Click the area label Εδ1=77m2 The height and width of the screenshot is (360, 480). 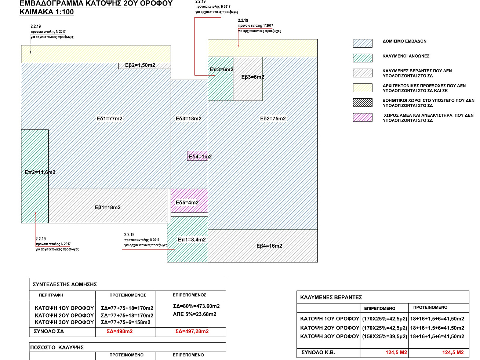click(x=109, y=119)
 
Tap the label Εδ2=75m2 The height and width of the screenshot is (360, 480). click(x=273, y=119)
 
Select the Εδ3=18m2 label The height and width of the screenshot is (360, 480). click(x=189, y=119)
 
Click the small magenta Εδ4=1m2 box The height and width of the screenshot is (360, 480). click(x=197, y=156)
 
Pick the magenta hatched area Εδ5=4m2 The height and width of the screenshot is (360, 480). click(x=189, y=201)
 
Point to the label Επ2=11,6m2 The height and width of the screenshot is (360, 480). click(x=40, y=172)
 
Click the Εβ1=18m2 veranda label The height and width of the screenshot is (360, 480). click(x=108, y=207)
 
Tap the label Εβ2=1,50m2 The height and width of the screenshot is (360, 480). click(x=140, y=65)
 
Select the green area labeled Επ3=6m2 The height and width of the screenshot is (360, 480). click(x=221, y=79)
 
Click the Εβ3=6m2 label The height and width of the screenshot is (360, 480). click(x=252, y=77)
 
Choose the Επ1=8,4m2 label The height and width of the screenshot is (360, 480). click(x=192, y=240)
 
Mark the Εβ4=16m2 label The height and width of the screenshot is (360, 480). click(x=269, y=246)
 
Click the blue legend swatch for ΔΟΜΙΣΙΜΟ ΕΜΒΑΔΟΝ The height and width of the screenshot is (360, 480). click(x=363, y=43)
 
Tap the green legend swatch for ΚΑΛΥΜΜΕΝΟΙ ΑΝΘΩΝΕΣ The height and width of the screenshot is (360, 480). click(x=363, y=58)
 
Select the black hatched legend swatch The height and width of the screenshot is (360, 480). click(x=363, y=102)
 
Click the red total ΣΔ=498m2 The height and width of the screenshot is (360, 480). click(x=120, y=331)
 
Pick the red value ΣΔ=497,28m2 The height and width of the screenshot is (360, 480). click(x=192, y=331)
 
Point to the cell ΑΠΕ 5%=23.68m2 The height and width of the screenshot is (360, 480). click(x=194, y=314)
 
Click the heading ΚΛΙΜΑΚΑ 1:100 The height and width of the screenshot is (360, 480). click(x=47, y=12)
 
